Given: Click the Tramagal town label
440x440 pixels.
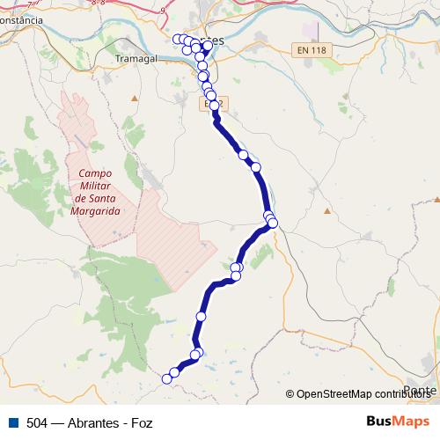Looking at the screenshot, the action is point(136,57).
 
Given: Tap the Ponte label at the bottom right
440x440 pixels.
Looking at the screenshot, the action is point(421,390).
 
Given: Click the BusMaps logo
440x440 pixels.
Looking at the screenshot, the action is point(398,422).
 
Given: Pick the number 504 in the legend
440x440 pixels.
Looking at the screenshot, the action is point(37,422).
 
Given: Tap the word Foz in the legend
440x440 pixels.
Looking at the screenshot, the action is point(141,422).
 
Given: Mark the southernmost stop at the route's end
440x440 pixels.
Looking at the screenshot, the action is point(166,379).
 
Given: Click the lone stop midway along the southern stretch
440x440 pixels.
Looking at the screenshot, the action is point(202,316).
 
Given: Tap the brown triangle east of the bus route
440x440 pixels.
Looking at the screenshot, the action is point(326,210).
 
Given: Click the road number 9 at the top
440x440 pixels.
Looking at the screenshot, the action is point(164,9).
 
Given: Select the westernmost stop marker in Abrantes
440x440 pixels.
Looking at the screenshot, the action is point(177,39).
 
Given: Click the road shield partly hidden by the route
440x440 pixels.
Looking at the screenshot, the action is point(209,103).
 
